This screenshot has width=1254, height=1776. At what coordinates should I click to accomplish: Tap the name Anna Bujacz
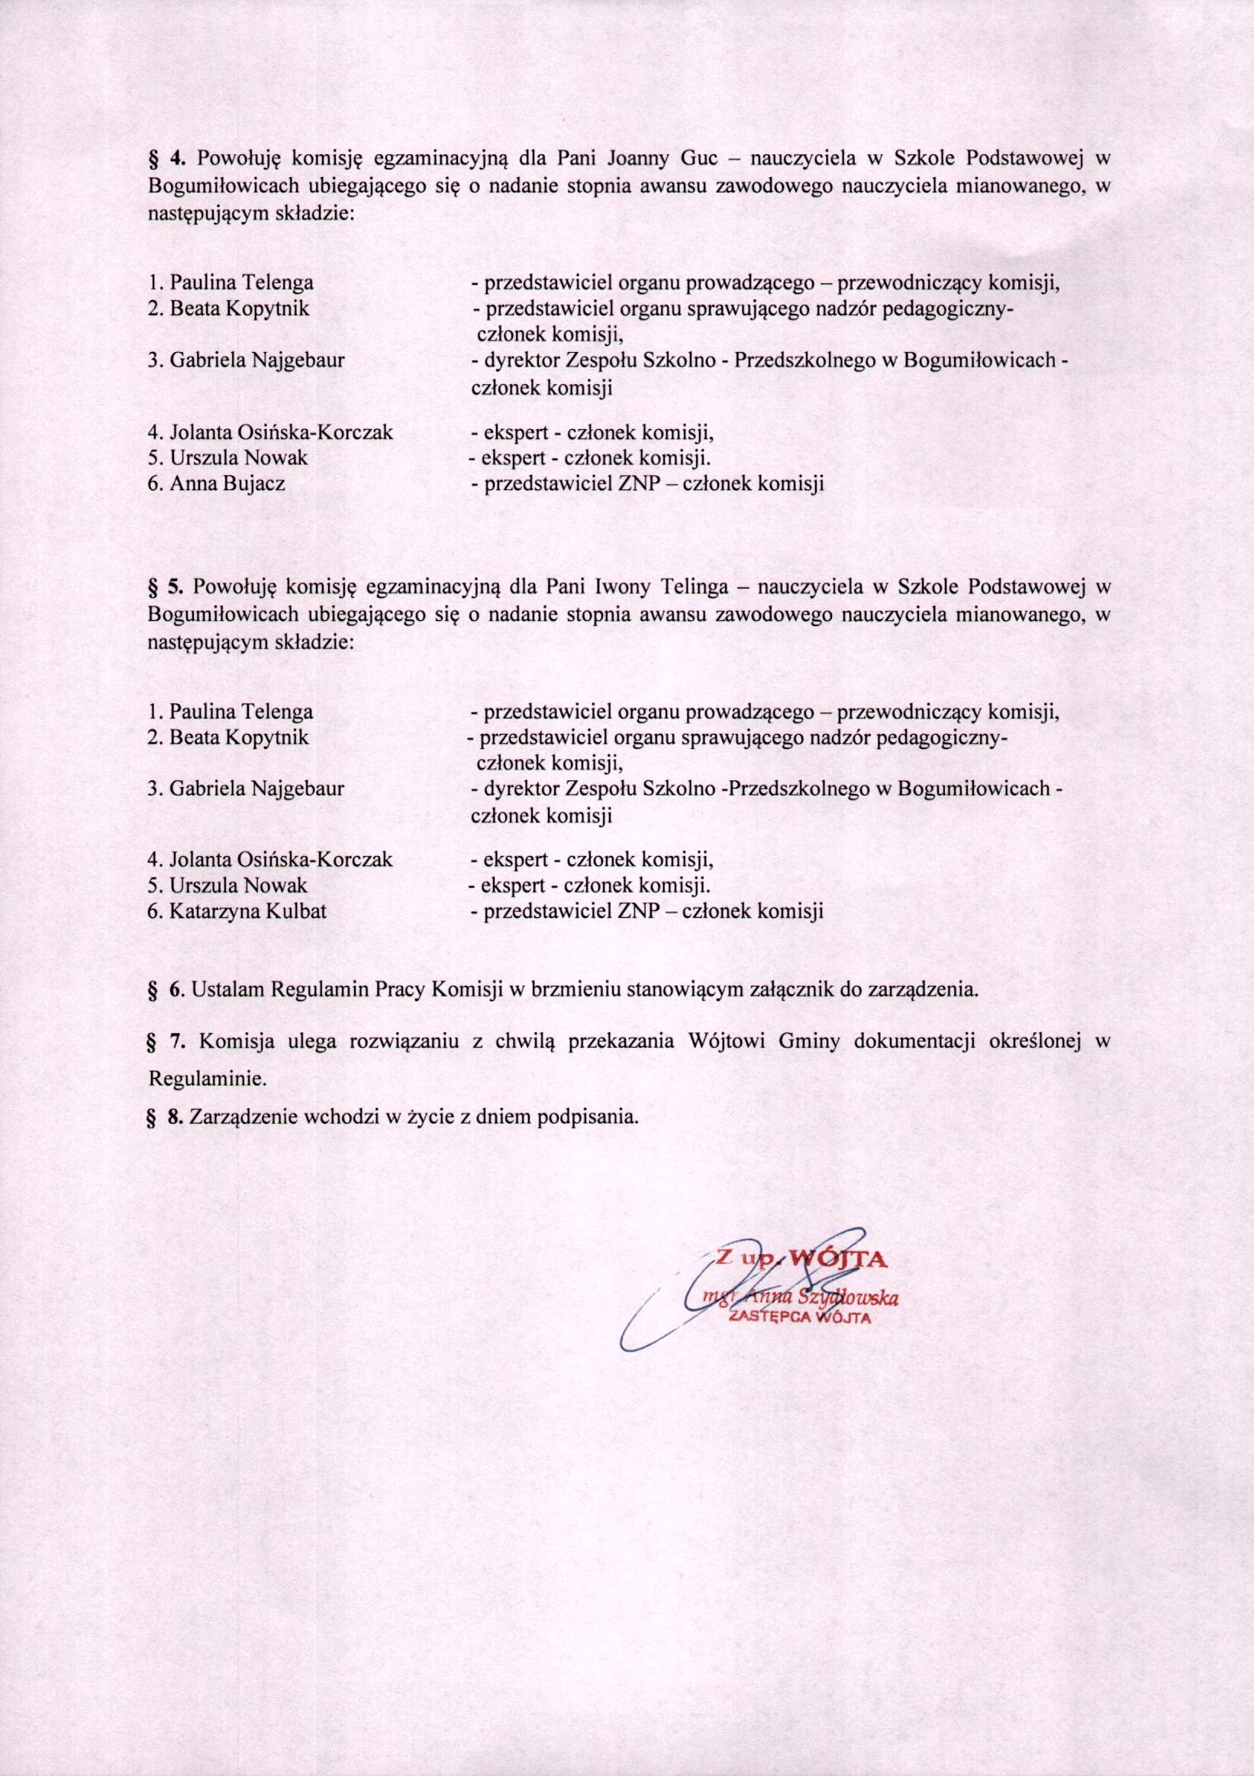coord(227,484)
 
